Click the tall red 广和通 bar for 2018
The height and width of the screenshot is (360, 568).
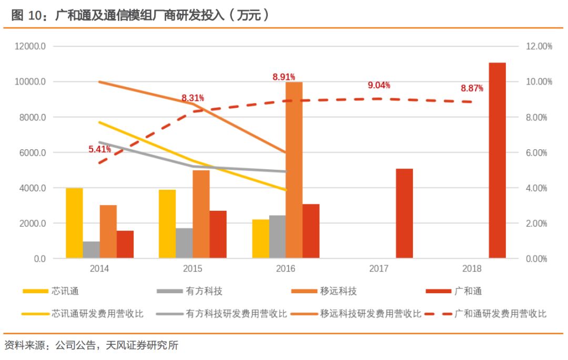pyautogui.click(x=497, y=160)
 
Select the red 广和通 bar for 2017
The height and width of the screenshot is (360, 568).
pyautogui.click(x=404, y=213)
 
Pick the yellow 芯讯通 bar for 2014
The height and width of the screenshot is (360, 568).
pyautogui.click(x=74, y=223)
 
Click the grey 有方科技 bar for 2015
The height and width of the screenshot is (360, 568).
pyautogui.click(x=184, y=243)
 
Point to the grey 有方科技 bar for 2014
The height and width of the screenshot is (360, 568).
pyautogui.click(x=91, y=250)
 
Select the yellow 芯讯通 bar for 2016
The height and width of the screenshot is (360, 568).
pyautogui.click(x=260, y=239)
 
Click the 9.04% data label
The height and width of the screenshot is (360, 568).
pyautogui.click(x=379, y=86)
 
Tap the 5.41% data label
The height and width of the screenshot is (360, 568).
pyautogui.click(x=99, y=149)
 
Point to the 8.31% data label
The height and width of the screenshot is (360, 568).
pyautogui.click(x=192, y=98)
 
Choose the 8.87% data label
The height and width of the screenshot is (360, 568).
pyautogui.click(x=472, y=88)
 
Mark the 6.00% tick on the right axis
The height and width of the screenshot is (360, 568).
pyautogui.click(x=536, y=153)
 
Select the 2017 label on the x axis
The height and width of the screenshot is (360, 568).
pyautogui.click(x=379, y=269)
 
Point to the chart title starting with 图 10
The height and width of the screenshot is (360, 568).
pyautogui.click(x=139, y=15)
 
